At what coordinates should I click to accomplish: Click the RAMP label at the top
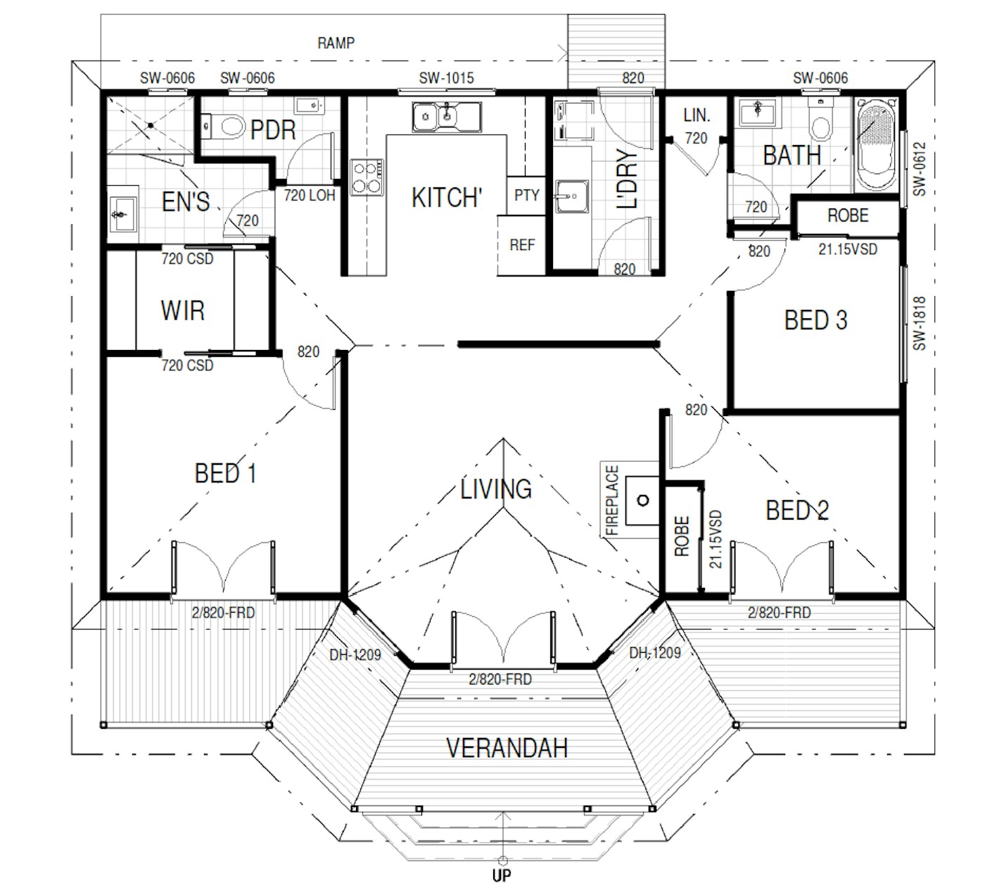coord(336,43)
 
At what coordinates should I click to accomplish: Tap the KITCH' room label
coord(447,199)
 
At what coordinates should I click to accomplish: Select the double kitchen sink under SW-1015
coord(447,117)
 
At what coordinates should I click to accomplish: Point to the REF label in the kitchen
coord(522,245)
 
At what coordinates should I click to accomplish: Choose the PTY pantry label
coord(526,195)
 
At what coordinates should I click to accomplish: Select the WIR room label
coord(182,310)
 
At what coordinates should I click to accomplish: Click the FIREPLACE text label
coord(612,500)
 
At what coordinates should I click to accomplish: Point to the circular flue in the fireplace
coord(643,501)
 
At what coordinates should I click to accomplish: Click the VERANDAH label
coord(507,748)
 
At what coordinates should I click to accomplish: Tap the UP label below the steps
coord(502,876)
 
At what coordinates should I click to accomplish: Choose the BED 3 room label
coord(815,320)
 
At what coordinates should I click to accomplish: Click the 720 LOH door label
coord(310,196)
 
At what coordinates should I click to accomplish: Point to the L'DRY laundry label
coord(625,179)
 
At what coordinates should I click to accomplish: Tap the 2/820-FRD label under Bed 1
coord(223,613)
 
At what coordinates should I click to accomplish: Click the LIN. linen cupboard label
coord(697,115)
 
